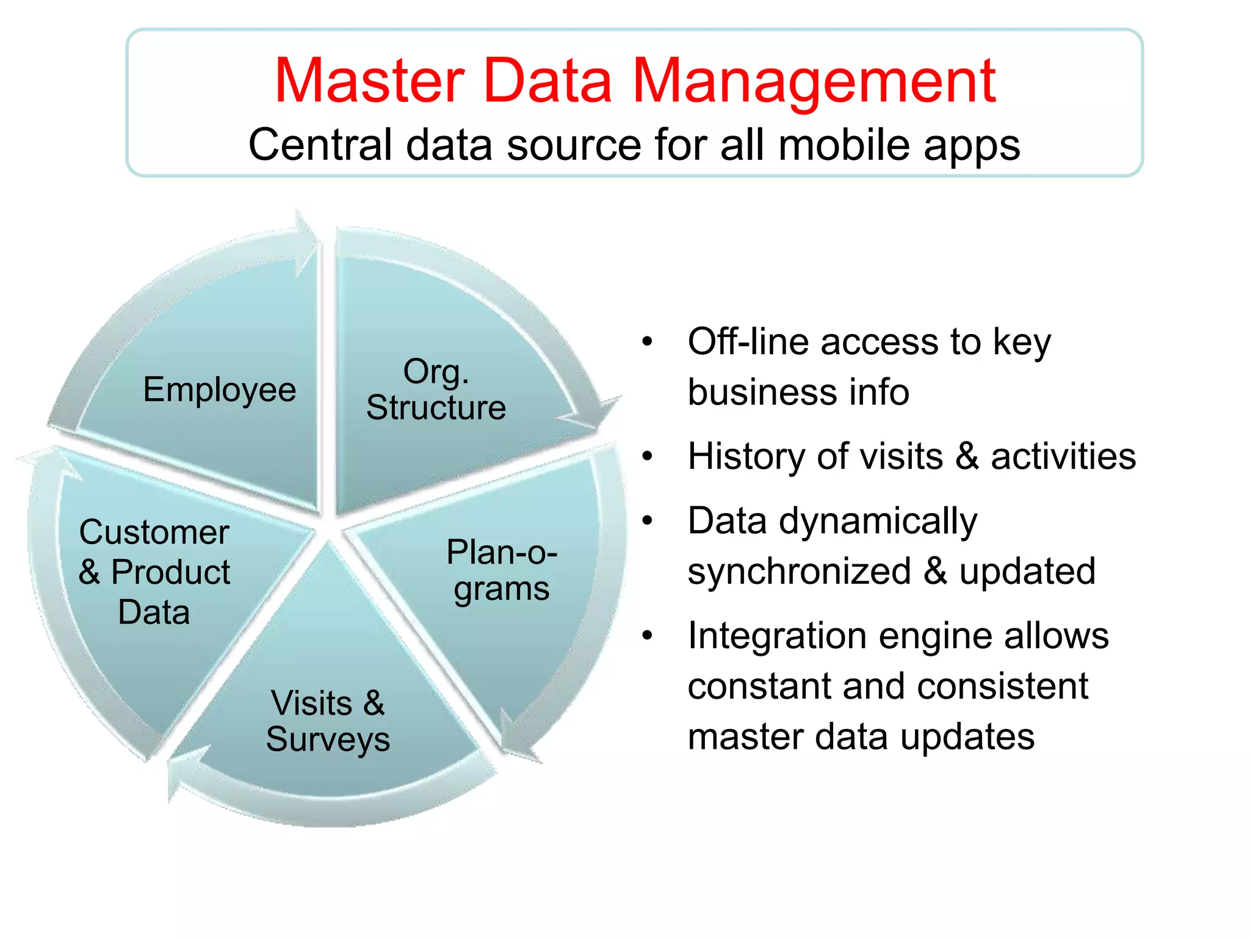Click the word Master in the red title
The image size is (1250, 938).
tap(370, 81)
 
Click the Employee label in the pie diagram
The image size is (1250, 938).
tap(219, 390)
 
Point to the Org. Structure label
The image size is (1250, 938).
tap(436, 390)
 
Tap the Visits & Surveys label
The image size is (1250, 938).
tap(328, 721)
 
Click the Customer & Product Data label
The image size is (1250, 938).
tap(154, 572)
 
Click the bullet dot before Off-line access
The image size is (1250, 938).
tap(648, 342)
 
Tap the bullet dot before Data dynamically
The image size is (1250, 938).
tap(648, 521)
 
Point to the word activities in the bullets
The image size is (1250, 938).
tap(1063, 456)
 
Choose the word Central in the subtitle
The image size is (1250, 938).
tap(320, 145)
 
